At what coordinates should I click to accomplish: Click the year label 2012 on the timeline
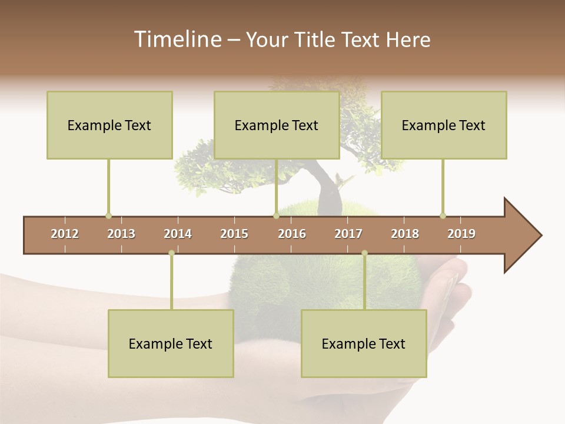coord(65,234)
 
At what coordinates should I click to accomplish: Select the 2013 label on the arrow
coord(121,234)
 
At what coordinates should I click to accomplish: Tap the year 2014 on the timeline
coord(178,234)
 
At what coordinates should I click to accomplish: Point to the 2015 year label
coord(234,234)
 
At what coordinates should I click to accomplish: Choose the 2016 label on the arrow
coord(292,234)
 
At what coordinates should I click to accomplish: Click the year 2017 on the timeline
coord(348,234)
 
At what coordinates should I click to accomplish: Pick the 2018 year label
coord(405,234)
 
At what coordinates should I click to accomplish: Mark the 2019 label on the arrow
coord(461,234)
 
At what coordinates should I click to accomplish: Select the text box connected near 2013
coord(109,125)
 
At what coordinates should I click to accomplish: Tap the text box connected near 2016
coord(277,125)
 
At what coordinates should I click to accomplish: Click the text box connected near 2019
coord(444,125)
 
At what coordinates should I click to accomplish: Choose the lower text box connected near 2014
coord(171,343)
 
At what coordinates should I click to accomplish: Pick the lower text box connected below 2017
coord(364,343)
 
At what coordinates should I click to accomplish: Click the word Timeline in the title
coord(177,39)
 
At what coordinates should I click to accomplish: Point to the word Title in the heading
coord(317,39)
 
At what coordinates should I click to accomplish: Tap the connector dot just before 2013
coord(108,216)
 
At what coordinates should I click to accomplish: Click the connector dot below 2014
coord(171,253)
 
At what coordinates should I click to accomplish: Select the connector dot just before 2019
coord(443,216)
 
